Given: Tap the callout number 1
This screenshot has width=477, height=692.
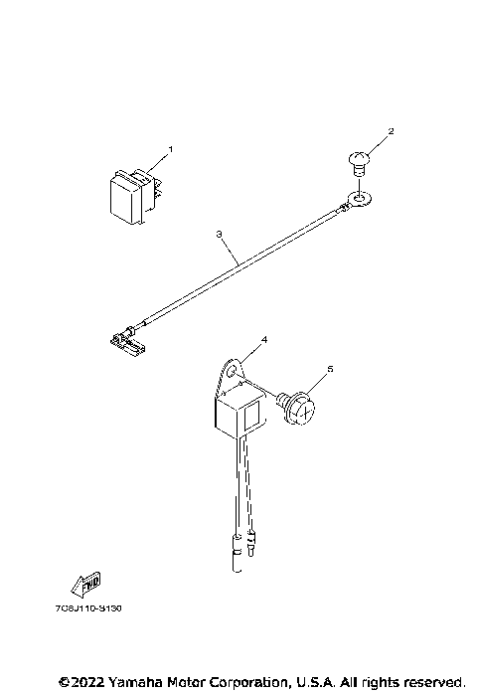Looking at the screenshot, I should point(170,150).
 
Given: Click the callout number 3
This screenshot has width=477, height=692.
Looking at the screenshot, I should point(218,236).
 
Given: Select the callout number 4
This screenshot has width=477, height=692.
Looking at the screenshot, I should point(263,341).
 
